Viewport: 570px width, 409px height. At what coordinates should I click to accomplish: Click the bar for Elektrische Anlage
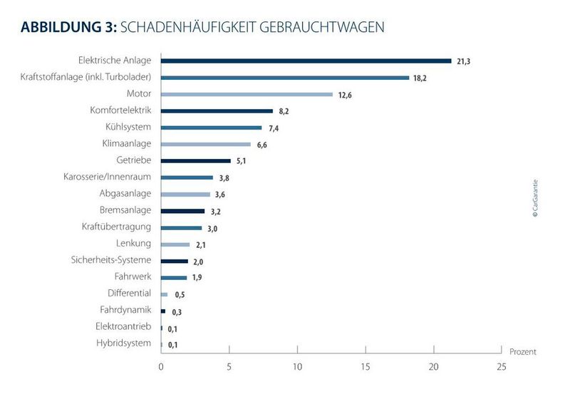point(306,61)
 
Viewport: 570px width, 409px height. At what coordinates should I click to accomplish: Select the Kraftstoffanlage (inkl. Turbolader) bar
point(285,78)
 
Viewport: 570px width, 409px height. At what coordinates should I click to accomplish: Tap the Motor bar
point(247,94)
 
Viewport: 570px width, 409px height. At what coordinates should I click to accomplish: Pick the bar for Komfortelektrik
point(217,111)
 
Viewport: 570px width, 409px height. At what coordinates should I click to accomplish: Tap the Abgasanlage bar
point(185,195)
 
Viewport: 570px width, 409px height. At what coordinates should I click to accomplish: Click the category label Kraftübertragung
point(116,227)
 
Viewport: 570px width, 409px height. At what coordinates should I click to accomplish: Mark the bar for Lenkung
point(175,244)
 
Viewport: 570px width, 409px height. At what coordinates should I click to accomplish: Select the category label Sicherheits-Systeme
point(111,261)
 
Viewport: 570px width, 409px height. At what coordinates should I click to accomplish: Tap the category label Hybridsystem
point(123,343)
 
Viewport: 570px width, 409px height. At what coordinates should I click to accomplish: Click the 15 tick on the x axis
point(365,367)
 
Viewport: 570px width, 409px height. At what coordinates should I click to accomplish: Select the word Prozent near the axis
point(522,352)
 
